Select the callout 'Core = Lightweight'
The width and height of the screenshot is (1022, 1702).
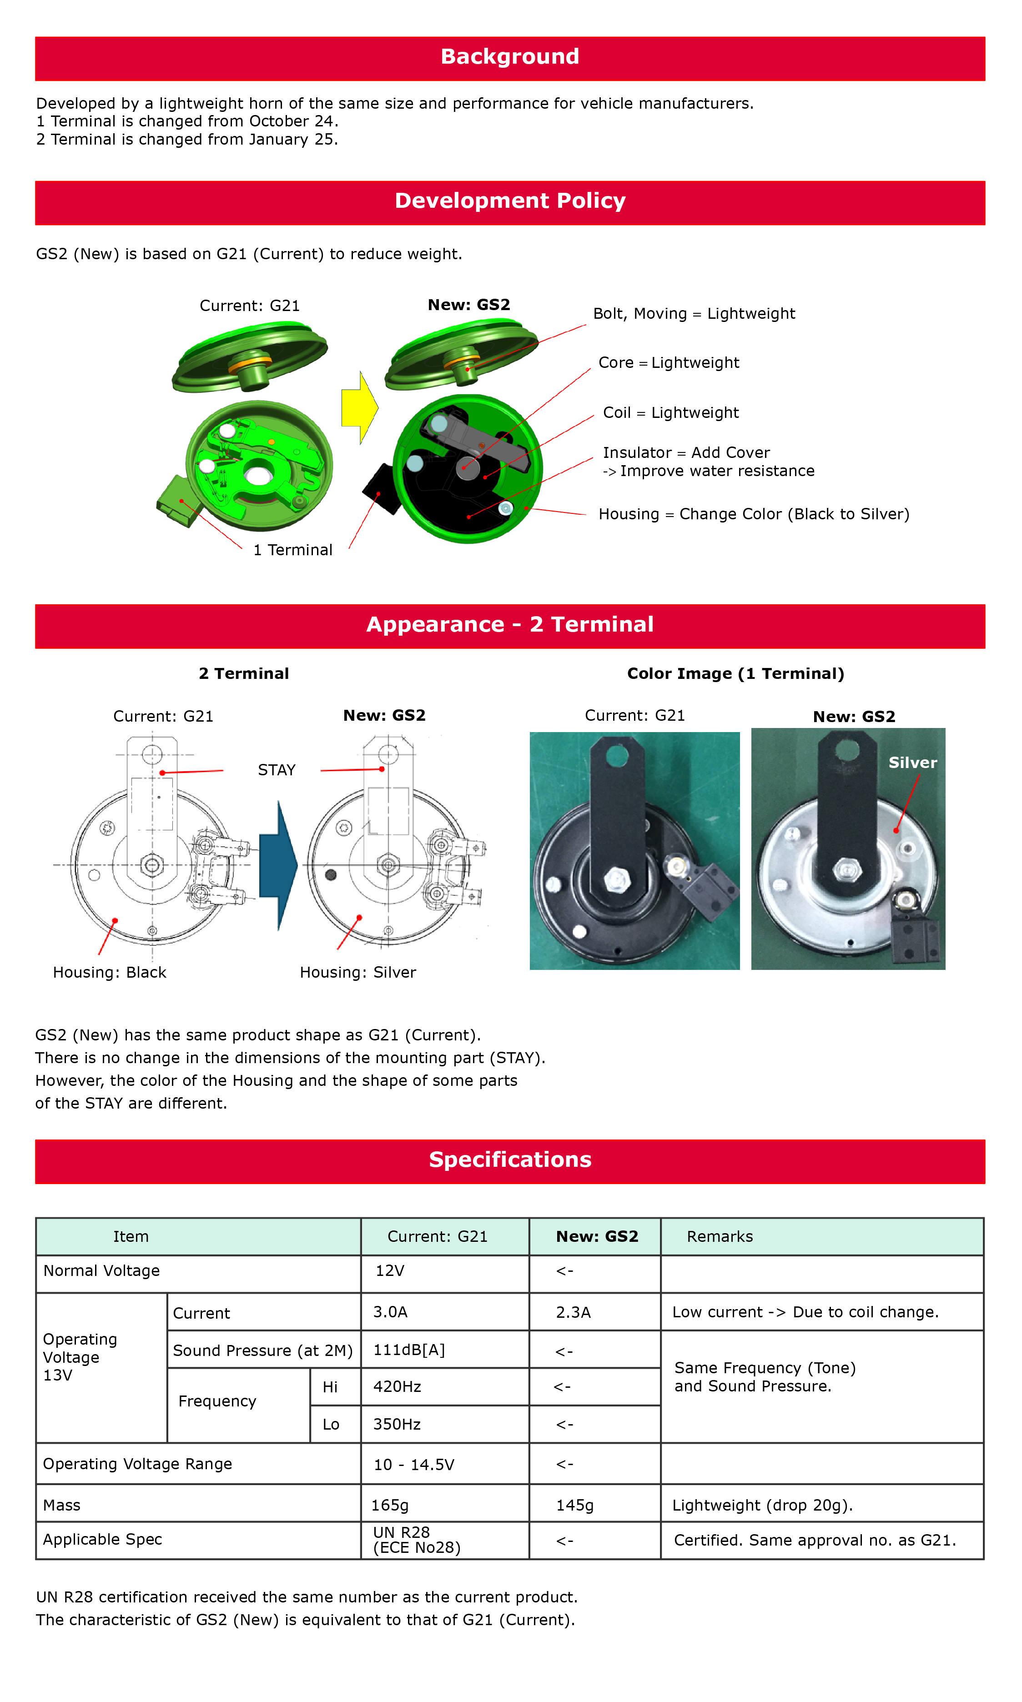pos(668,363)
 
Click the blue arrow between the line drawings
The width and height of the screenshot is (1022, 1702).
pos(278,865)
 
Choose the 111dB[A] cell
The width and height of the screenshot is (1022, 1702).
pos(409,1350)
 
